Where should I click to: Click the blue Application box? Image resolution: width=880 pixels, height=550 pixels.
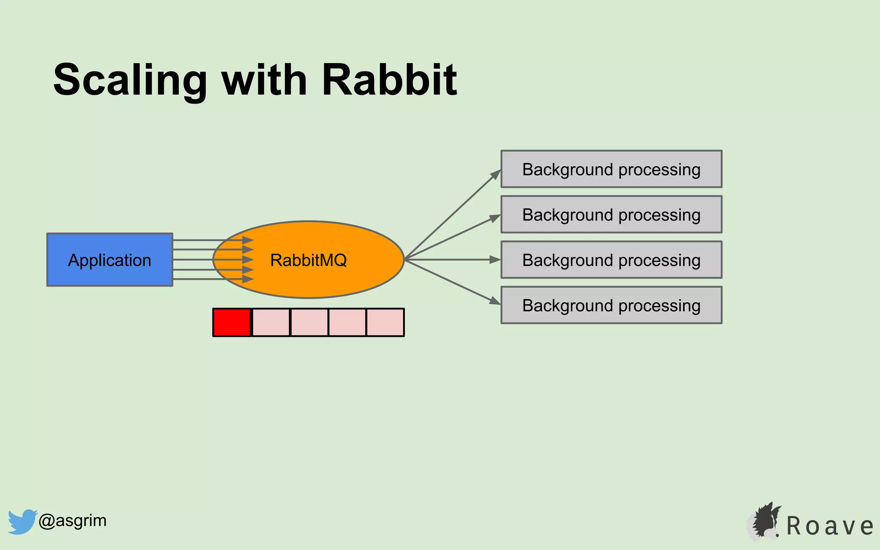tap(110, 260)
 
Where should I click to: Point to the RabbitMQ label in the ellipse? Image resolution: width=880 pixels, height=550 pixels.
tap(308, 260)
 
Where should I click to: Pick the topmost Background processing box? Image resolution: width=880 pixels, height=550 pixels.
tap(611, 169)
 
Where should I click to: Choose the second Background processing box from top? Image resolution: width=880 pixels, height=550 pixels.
tap(611, 215)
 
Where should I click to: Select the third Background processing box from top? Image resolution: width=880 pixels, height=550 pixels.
tap(611, 260)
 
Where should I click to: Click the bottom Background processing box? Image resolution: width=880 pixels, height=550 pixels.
tap(611, 306)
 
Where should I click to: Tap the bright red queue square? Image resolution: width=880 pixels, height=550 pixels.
tap(232, 322)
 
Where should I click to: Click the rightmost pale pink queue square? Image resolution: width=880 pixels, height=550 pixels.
tap(385, 322)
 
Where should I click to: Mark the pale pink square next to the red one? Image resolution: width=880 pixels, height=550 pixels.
tap(271, 322)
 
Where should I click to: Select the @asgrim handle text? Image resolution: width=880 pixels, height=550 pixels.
tap(72, 521)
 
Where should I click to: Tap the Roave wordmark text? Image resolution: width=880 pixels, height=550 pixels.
tap(830, 526)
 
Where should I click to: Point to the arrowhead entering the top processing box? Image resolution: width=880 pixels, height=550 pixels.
tap(496, 174)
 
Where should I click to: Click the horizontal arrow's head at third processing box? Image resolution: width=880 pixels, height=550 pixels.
tap(495, 260)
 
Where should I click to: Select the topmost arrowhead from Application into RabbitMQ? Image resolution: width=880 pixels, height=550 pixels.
tap(248, 240)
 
